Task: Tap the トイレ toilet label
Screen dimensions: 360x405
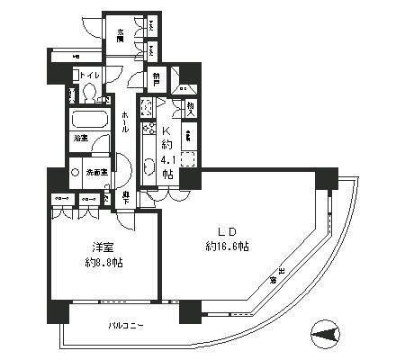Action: (89, 76)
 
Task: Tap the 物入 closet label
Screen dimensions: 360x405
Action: (191, 107)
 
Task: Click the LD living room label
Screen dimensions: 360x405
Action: (229, 230)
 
